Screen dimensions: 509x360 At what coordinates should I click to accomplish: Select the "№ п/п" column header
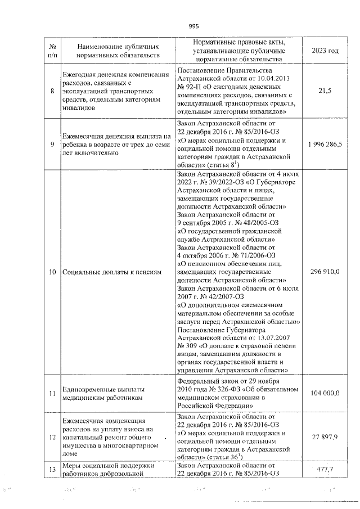click(x=52, y=51)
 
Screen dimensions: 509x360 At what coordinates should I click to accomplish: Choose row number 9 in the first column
click(x=52, y=144)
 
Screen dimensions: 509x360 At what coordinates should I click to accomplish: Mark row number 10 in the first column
click(x=52, y=272)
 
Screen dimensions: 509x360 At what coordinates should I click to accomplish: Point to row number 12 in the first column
click(x=52, y=436)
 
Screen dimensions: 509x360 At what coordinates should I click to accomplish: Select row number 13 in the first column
click(x=52, y=469)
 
